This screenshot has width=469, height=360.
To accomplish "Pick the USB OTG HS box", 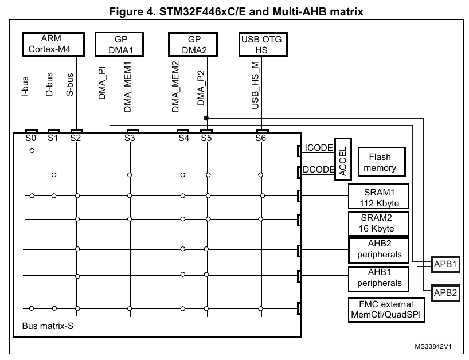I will click(263, 44).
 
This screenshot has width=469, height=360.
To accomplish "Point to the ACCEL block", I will click(343, 159).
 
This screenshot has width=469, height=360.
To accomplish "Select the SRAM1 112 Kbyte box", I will click(379, 197).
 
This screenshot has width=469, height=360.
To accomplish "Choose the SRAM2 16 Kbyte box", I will click(378, 224).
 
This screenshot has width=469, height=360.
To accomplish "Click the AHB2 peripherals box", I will click(379, 249).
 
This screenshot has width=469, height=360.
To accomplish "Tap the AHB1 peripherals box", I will click(379, 277).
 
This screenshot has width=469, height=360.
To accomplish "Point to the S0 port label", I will click(31, 138).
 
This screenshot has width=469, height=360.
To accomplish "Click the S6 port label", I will click(261, 138).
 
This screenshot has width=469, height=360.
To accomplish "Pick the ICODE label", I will click(319, 148).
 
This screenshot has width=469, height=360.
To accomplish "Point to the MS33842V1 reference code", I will click(433, 347).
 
